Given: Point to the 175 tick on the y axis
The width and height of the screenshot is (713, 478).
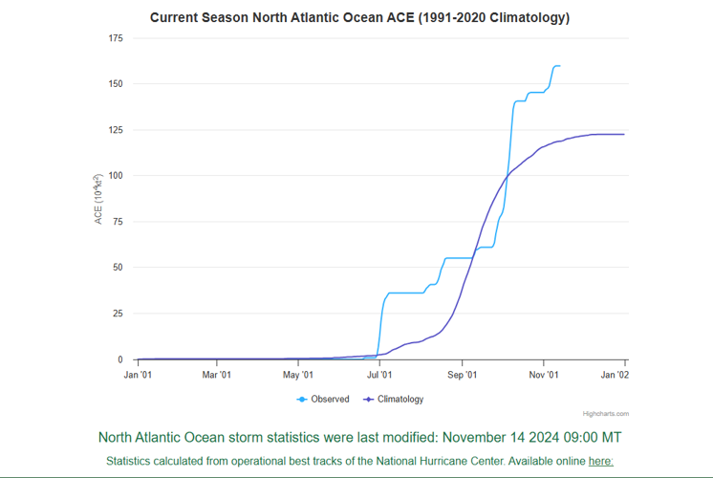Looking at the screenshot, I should [116, 38].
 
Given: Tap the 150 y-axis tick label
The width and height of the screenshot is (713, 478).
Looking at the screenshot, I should [116, 84].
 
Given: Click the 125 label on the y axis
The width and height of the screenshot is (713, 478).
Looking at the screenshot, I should [116, 130].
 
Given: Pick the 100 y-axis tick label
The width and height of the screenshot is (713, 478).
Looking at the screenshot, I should [116, 176].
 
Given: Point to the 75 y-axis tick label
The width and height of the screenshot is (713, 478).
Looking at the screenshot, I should [118, 222].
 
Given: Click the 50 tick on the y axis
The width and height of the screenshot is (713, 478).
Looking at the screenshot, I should [118, 268].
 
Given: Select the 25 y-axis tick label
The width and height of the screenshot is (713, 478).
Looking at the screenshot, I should [118, 314].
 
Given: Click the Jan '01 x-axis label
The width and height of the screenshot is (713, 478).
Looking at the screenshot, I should [138, 375].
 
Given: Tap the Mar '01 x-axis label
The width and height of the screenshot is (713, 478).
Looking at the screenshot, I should [217, 375].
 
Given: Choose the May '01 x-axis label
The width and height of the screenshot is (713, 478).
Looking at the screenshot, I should [298, 375].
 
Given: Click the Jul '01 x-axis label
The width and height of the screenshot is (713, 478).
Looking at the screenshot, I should [379, 375].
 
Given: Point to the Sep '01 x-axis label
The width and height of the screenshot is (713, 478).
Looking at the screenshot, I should [462, 375].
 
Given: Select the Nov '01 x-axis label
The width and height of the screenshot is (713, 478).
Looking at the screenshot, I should [543, 375].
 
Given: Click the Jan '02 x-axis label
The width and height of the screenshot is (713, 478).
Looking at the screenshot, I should [615, 375].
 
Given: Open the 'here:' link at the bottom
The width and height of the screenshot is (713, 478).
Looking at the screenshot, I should [600, 461].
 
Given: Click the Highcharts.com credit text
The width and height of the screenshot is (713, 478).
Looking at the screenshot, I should [606, 414].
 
